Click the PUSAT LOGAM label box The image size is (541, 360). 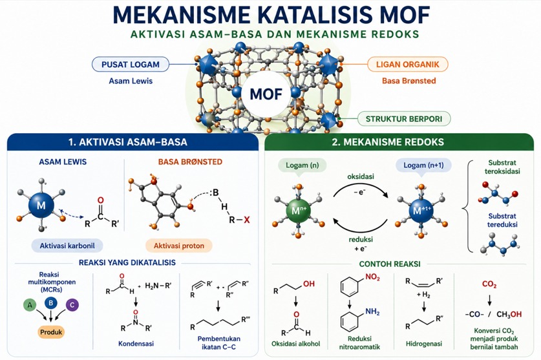(131, 64)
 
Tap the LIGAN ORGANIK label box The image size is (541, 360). (407, 64)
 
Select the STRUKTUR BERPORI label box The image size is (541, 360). (404, 119)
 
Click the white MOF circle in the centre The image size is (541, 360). (266, 94)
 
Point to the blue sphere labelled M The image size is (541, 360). (41, 206)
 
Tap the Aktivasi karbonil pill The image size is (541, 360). (67, 246)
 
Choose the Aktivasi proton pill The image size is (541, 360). (179, 246)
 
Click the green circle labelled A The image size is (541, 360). (30, 305)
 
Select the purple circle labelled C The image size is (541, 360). (72, 305)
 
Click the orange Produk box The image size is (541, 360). (51, 332)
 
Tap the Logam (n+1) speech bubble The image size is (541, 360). (423, 165)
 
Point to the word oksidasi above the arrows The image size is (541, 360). (361, 176)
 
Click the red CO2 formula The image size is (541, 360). (489, 284)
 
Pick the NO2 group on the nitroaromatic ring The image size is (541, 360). (372, 277)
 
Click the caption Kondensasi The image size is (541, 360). (136, 343)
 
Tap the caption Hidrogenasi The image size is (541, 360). (424, 343)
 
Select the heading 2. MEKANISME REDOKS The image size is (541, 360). (388, 142)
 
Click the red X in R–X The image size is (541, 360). (247, 220)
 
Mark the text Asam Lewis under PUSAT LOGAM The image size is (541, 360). (131, 81)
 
